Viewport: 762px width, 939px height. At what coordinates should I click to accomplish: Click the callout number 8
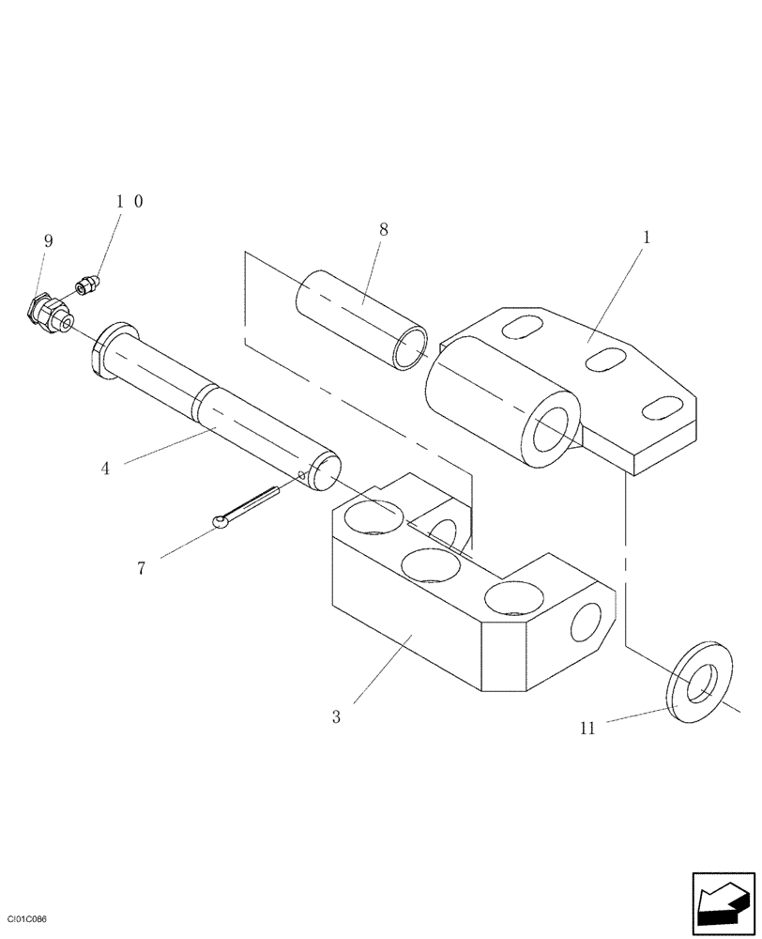click(x=383, y=229)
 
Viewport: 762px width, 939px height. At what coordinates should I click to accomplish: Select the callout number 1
click(x=647, y=239)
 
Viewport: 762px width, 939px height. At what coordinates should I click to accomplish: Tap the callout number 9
click(x=48, y=241)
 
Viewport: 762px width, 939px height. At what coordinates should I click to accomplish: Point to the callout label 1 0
click(x=130, y=201)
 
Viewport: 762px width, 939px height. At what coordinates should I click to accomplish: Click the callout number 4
click(x=105, y=468)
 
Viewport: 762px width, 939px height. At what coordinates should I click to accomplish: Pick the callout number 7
click(x=142, y=568)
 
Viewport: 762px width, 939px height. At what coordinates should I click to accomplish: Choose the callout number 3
click(x=336, y=717)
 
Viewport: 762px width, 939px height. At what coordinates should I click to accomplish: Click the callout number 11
click(x=587, y=728)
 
